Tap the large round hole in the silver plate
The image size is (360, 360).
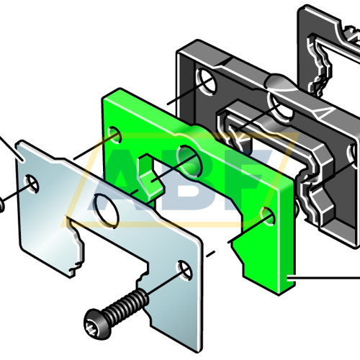tap(107, 211)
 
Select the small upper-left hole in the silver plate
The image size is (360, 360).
tap(32, 184)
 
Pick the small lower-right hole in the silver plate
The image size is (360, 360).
tap(184, 271)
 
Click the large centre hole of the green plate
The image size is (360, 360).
tap(189, 160)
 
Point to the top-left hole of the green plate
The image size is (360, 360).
tap(114, 135)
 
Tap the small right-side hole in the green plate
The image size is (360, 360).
tap(269, 217)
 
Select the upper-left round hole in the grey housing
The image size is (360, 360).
tap(206, 80)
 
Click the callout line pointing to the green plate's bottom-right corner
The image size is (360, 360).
tap(323, 278)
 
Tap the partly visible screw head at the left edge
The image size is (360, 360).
tap(1, 204)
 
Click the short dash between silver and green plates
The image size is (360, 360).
tap(210, 254)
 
